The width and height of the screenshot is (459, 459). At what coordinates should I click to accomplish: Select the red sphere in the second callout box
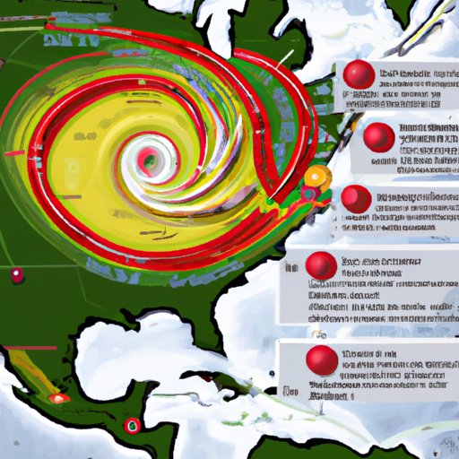pyautogui.click(x=380, y=135)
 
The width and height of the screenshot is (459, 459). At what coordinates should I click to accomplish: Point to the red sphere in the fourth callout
pyautogui.click(x=320, y=264)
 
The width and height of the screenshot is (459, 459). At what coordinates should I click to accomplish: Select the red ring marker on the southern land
pyautogui.click(x=133, y=424)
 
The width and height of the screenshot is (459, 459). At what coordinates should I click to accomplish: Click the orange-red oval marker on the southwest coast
pyautogui.click(x=58, y=396)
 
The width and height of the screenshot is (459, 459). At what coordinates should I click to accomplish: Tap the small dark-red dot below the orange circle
pyautogui.click(x=309, y=194)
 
